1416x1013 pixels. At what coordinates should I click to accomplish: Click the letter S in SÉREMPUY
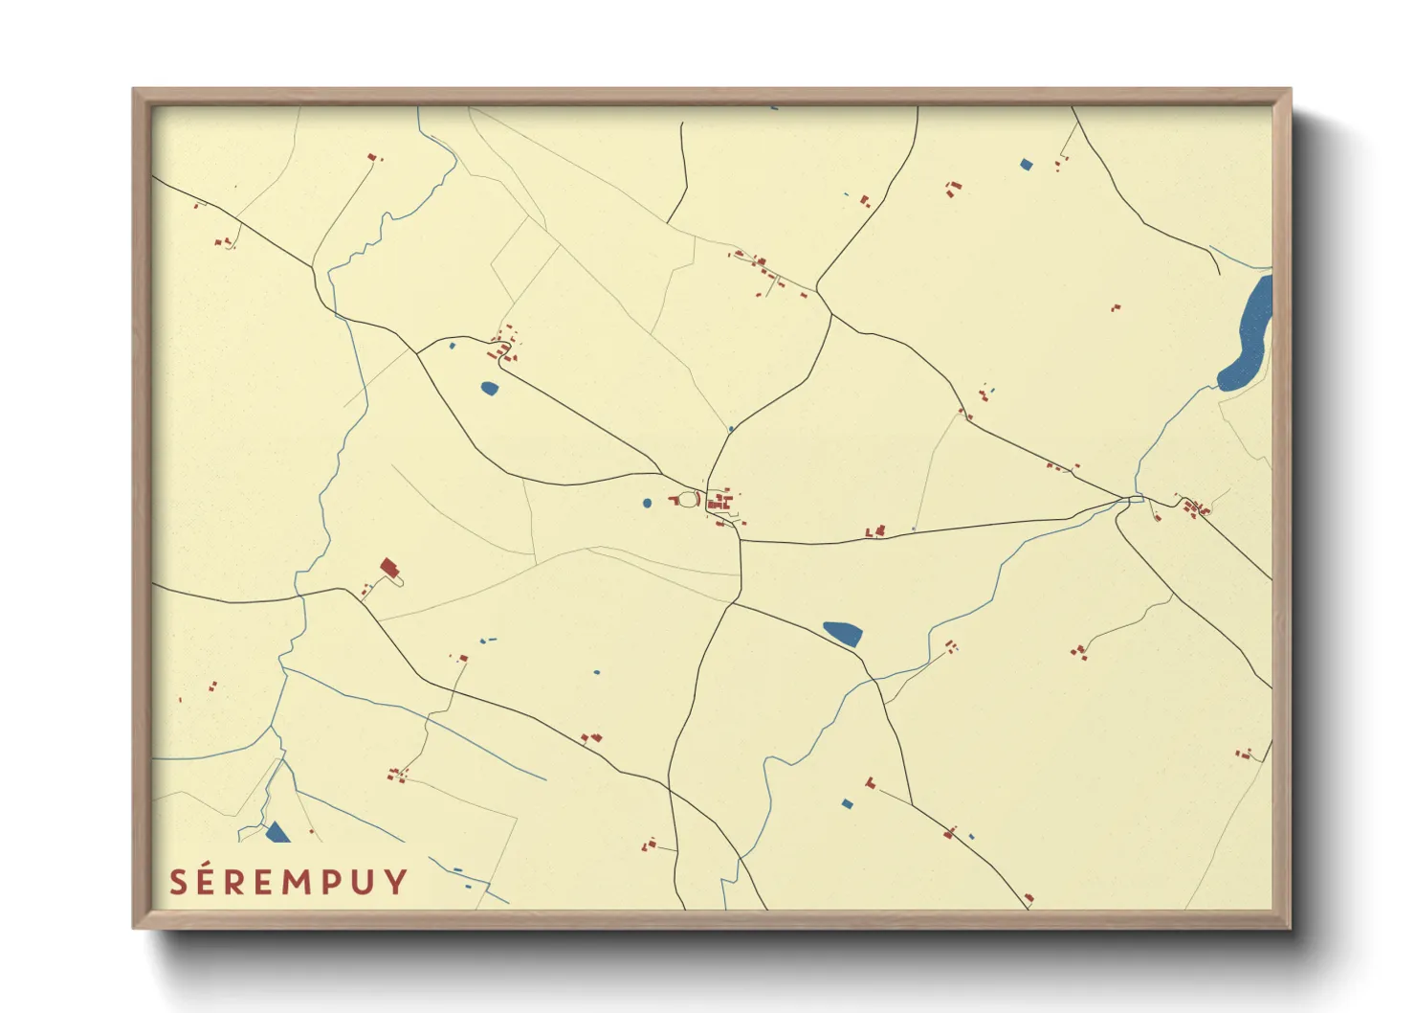click(x=178, y=882)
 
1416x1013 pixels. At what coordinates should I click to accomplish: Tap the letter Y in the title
click(x=397, y=882)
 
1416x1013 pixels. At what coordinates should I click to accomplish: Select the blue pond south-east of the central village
click(x=843, y=632)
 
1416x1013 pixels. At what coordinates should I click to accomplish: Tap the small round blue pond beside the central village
click(x=648, y=503)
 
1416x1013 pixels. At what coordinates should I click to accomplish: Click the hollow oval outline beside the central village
click(x=689, y=499)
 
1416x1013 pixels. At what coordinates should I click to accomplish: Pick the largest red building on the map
click(x=388, y=567)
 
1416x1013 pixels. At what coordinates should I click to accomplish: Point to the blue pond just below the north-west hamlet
click(x=489, y=388)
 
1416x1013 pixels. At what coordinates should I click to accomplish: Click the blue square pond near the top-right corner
click(x=1027, y=165)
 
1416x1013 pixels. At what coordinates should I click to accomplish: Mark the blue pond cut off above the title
click(x=277, y=832)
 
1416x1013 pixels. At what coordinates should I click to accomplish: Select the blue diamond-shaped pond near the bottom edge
click(x=846, y=803)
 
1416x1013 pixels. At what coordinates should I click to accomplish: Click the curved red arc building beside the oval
click(x=674, y=500)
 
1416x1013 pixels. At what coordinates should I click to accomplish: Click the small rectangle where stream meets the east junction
click(x=1136, y=499)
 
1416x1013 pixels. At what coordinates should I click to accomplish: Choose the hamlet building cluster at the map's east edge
click(x=1194, y=507)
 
